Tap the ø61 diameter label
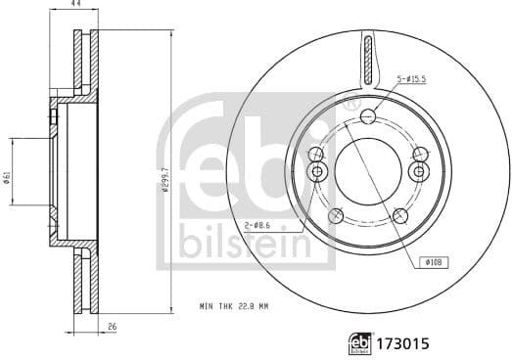(8, 172)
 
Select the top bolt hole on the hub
(368, 117)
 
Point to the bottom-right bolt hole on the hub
(399, 216)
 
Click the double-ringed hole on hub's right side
(419, 172)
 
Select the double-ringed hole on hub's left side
(316, 172)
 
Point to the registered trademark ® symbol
(354, 103)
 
